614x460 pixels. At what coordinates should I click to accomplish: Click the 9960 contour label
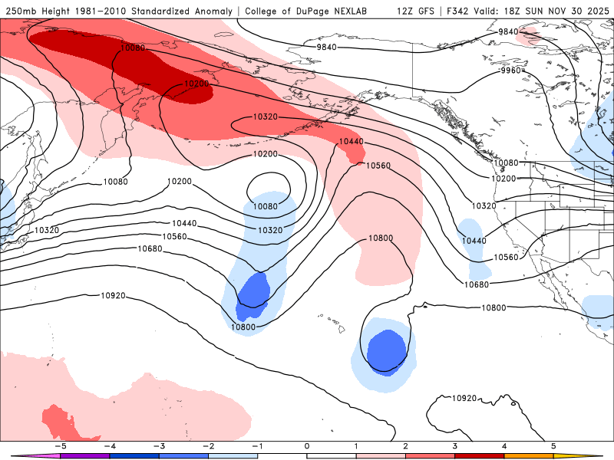click(x=510, y=71)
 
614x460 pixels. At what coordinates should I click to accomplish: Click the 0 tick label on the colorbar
click(x=307, y=445)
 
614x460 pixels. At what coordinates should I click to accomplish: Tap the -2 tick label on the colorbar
click(x=209, y=445)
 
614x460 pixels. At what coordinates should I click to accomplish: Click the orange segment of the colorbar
click(x=529, y=455)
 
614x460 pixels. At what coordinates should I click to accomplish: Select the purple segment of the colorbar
click(x=84, y=455)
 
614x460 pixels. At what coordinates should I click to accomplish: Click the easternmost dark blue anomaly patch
click(x=386, y=351)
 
